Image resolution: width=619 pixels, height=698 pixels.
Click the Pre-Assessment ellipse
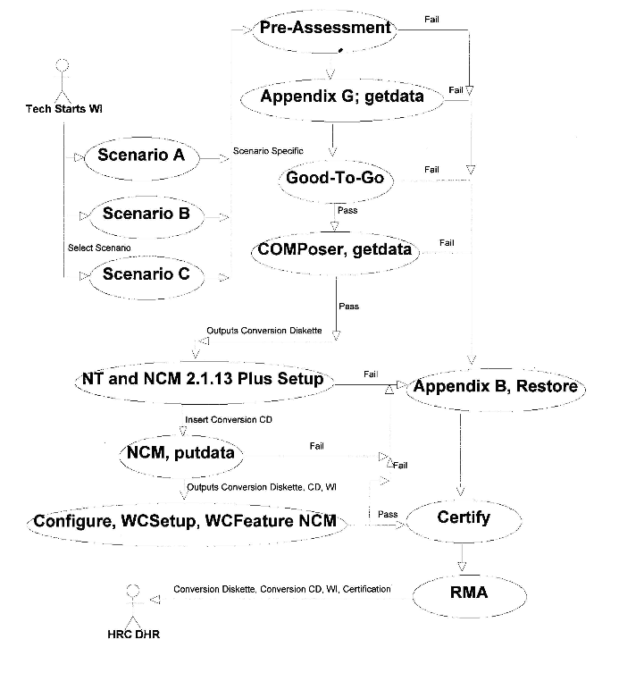(325, 29)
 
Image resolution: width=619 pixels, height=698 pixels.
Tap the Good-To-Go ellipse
(335, 177)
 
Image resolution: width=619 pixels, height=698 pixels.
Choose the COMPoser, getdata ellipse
(335, 249)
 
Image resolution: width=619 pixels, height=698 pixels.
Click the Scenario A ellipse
(141, 156)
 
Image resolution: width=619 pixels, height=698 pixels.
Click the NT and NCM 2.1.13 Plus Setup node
(203, 380)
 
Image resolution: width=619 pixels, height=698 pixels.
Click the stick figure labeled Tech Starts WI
(62, 81)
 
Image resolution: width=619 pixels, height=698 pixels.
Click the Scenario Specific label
(261, 151)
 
